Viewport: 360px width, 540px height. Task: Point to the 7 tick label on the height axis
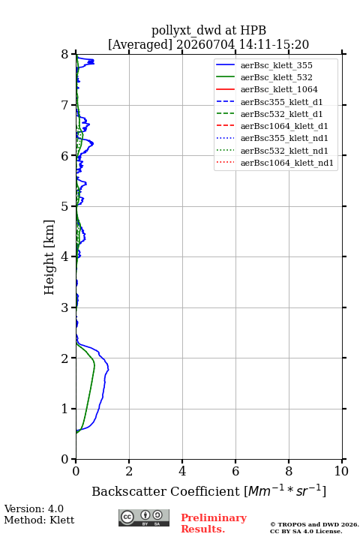coord(64,105)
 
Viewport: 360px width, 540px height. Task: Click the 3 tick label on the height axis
coord(64,307)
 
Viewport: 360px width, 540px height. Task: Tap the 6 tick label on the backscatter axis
coord(235,471)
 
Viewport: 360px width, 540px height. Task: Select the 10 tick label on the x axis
coord(341,471)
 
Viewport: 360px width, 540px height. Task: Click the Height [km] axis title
coord(49,257)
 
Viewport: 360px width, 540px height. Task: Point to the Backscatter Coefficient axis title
coord(208,490)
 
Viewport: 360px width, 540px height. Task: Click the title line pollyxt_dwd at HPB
coord(208,30)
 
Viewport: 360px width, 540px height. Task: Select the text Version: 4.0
coord(34,508)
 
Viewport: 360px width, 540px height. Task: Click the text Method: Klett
coord(39,520)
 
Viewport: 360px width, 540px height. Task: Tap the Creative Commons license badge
coord(144,517)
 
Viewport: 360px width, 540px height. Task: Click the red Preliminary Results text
coord(214,523)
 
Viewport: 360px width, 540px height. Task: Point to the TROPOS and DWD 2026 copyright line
coord(314,524)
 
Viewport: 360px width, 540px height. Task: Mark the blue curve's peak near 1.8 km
coord(109,369)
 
